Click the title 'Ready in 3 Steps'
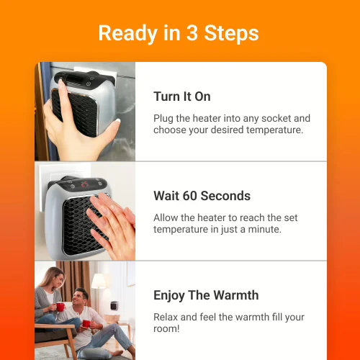(x=179, y=33)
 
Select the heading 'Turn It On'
(x=182, y=96)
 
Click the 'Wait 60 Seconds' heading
(x=202, y=196)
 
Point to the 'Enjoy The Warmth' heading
(x=206, y=295)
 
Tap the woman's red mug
(x=60, y=307)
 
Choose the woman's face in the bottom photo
(x=56, y=278)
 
